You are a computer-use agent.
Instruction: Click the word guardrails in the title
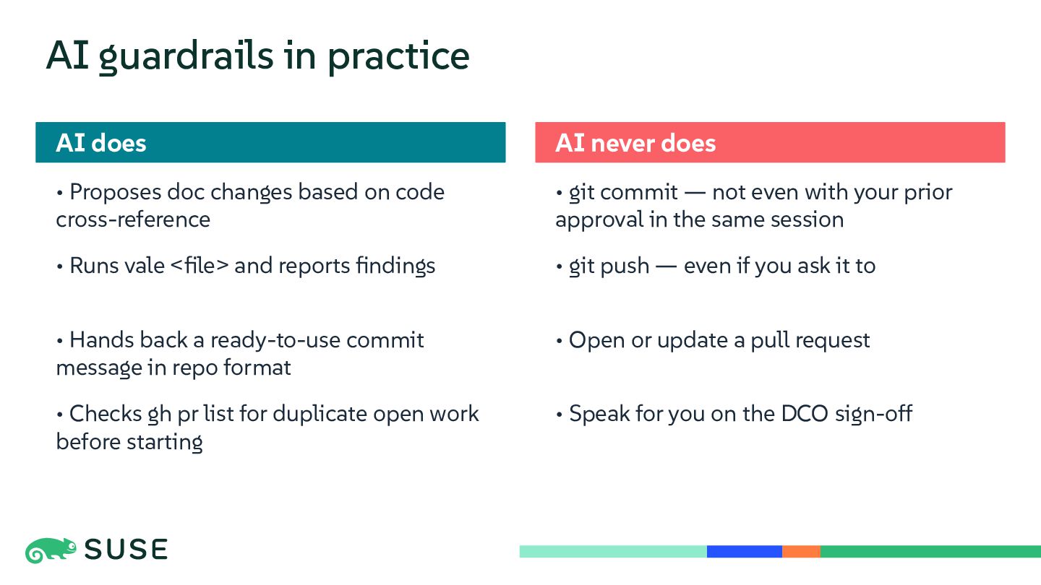186,56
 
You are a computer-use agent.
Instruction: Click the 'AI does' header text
101,142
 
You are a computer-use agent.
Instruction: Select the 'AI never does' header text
635,142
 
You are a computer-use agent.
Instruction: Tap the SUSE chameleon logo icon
51,550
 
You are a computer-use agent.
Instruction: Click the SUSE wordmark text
126,550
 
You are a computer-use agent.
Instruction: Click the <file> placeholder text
200,266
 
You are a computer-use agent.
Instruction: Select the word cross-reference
133,220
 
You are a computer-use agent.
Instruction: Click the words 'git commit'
623,193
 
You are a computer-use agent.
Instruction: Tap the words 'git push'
609,266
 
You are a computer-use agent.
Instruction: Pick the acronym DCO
805,414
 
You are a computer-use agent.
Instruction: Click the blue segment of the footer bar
745,552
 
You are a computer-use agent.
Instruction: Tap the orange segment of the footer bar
801,552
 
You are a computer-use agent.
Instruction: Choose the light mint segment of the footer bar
613,552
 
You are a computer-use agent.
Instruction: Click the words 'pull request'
810,340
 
